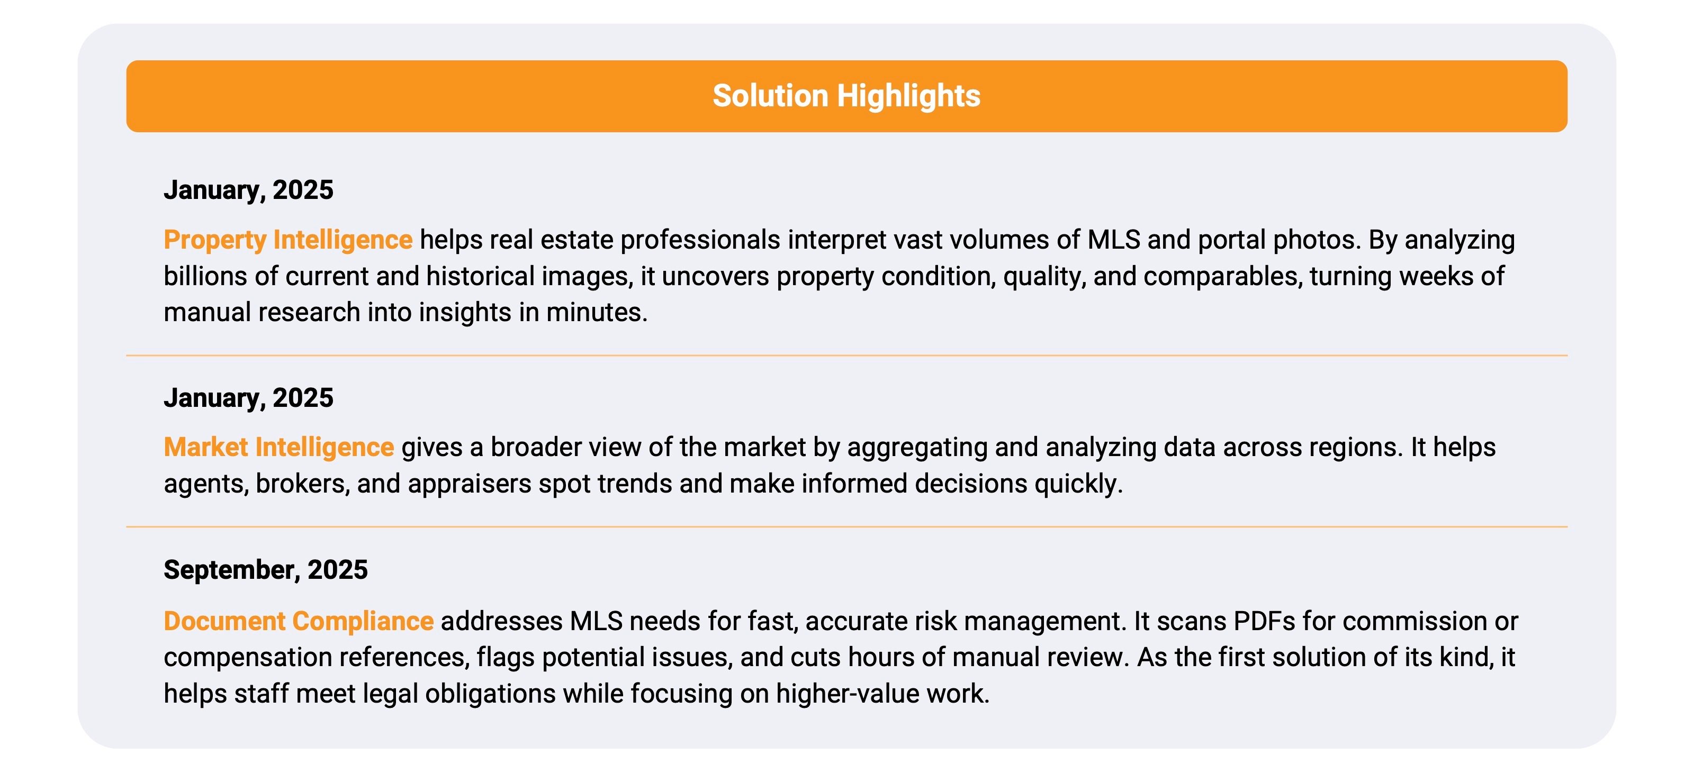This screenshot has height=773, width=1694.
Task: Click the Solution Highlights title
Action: tap(846, 96)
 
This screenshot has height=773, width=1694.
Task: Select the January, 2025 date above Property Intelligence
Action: tap(249, 190)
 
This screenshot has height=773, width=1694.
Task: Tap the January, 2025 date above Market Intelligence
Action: tap(249, 398)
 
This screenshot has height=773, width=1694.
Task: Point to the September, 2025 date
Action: tap(266, 570)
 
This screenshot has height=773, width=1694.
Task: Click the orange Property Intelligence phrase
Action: tap(288, 240)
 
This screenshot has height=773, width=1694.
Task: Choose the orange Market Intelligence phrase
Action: tap(279, 447)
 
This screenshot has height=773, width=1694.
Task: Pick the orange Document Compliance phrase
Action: tap(299, 621)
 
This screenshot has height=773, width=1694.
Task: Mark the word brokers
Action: tap(302, 484)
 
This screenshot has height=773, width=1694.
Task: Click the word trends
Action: tap(635, 484)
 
